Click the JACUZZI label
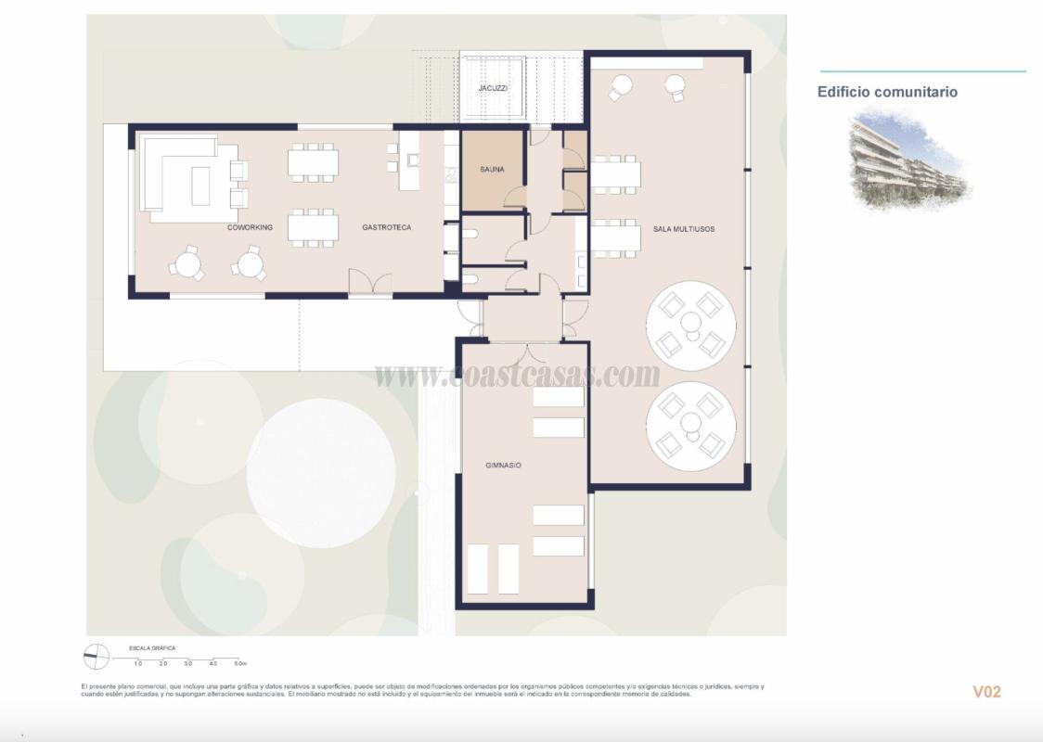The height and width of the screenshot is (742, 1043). click(x=492, y=88)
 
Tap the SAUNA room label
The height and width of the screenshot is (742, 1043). click(x=492, y=170)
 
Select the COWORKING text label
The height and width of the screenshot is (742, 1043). click(x=250, y=227)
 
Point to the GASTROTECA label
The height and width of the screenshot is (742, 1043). click(x=386, y=227)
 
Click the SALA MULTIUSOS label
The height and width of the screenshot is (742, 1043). click(x=684, y=228)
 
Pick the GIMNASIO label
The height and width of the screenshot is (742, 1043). click(x=503, y=465)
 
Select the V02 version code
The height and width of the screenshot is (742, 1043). click(x=986, y=692)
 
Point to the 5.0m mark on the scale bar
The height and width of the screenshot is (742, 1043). click(x=239, y=664)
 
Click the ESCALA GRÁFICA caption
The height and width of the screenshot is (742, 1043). click(x=152, y=647)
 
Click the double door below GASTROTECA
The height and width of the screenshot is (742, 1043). click(x=369, y=282)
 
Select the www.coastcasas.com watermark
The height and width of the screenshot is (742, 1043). click(x=517, y=375)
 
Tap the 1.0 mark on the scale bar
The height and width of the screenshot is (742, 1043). click(x=137, y=664)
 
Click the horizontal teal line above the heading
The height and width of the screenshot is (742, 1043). click(x=922, y=71)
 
